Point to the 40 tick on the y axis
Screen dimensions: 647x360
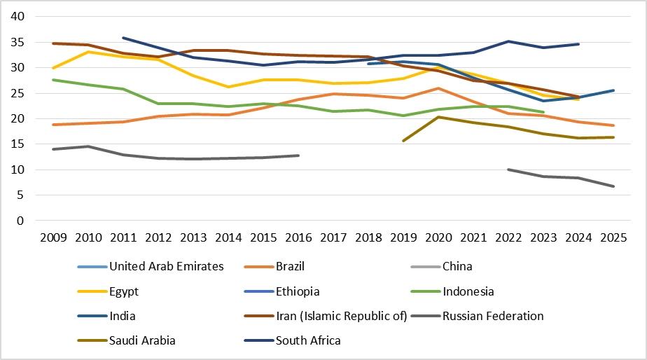point(18,17)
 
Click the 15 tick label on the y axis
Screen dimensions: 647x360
point(18,144)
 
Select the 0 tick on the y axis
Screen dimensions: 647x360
point(20,221)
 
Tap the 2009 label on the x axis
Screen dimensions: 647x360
point(54,238)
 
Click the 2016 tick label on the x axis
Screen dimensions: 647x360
point(299,238)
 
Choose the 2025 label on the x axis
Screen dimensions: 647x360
point(613,238)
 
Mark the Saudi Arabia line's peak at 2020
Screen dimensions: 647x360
point(438,117)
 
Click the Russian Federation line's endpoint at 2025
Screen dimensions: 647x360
point(613,186)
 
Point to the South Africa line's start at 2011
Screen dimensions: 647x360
point(123,38)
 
